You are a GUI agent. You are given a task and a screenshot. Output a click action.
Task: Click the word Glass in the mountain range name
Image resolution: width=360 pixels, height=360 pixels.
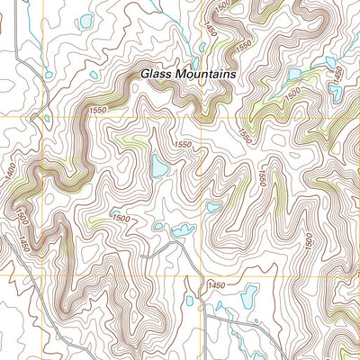(157, 76)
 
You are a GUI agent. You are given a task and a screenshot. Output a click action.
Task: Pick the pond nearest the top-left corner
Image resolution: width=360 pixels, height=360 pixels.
(85, 21)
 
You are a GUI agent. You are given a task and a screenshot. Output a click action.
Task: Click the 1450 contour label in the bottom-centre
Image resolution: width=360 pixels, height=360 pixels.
(216, 285)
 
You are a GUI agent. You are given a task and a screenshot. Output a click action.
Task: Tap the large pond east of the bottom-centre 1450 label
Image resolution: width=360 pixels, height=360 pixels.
(249, 292)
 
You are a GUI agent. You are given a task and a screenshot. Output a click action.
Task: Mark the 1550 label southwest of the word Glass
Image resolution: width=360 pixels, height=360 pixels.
(99, 109)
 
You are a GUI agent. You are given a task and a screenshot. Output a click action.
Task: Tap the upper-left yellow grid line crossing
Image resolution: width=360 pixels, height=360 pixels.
(40, 117)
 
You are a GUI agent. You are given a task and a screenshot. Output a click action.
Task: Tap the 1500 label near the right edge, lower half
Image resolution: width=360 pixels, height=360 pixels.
(309, 240)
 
